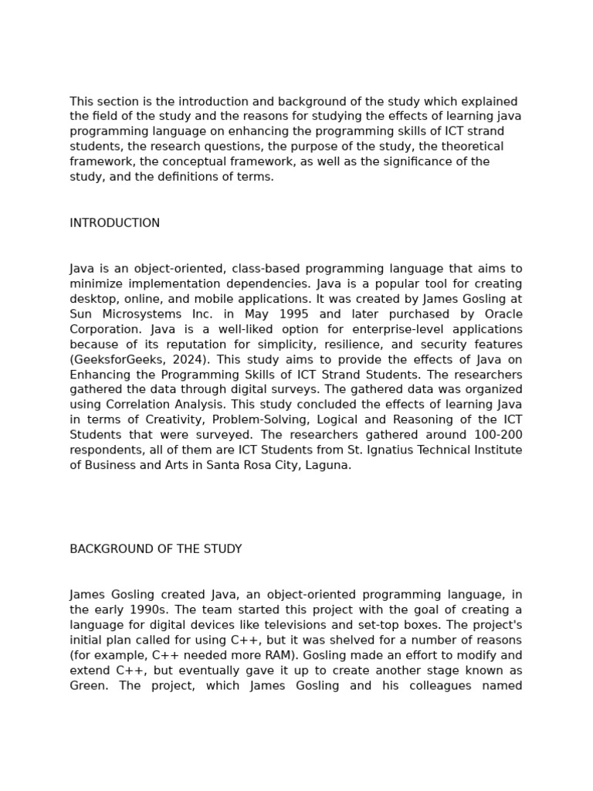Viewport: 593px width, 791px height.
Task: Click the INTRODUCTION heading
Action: click(x=115, y=223)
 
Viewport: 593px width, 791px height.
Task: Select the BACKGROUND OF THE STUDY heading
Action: click(x=156, y=549)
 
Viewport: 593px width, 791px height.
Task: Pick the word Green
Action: click(x=86, y=685)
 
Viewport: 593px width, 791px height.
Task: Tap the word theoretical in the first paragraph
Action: click(x=470, y=147)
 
